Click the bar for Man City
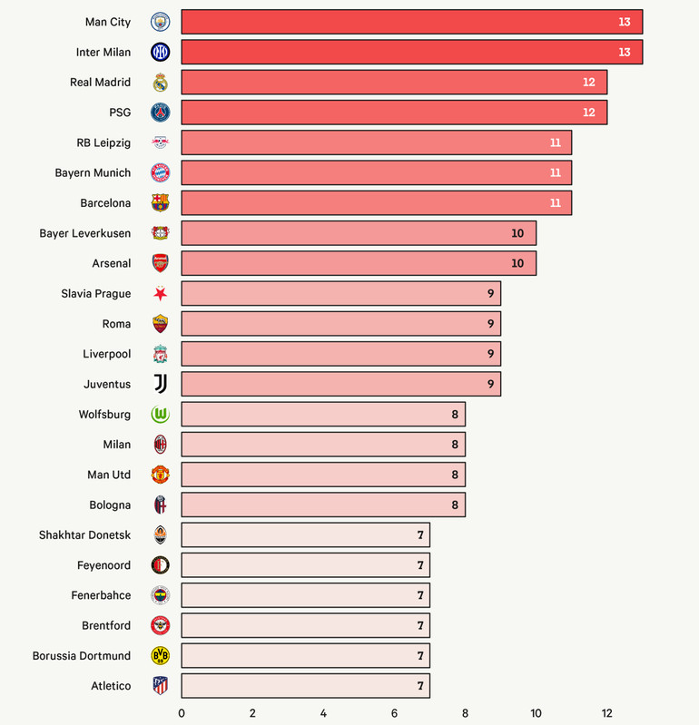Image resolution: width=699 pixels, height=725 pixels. [411, 22]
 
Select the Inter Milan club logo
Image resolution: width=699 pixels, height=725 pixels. [160, 52]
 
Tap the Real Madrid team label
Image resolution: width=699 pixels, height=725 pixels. [100, 83]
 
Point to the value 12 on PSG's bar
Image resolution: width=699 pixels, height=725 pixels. [589, 113]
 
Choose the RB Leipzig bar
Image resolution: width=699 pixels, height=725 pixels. [376, 142]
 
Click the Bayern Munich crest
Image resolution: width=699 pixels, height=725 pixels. [160, 172]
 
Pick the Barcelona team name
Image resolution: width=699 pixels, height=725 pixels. [105, 203]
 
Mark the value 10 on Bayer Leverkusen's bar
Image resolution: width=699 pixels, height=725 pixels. [517, 233]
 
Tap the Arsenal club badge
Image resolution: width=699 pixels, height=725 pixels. [160, 263]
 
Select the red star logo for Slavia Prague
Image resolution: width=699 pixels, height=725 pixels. [160, 293]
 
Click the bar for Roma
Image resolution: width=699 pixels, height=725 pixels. [340, 324]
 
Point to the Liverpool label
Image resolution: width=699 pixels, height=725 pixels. [106, 354]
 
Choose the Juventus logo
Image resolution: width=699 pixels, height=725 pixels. [160, 384]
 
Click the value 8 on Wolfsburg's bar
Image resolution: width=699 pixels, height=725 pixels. [456, 415]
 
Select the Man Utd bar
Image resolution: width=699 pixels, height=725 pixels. [322, 475]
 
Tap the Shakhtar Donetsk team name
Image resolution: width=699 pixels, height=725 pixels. [84, 535]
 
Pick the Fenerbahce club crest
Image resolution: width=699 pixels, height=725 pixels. [160, 595]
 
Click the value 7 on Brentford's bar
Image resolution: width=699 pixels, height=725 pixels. [420, 626]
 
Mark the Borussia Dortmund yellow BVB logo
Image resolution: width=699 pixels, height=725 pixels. [160, 655]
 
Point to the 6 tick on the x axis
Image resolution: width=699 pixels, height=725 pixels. [394, 713]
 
